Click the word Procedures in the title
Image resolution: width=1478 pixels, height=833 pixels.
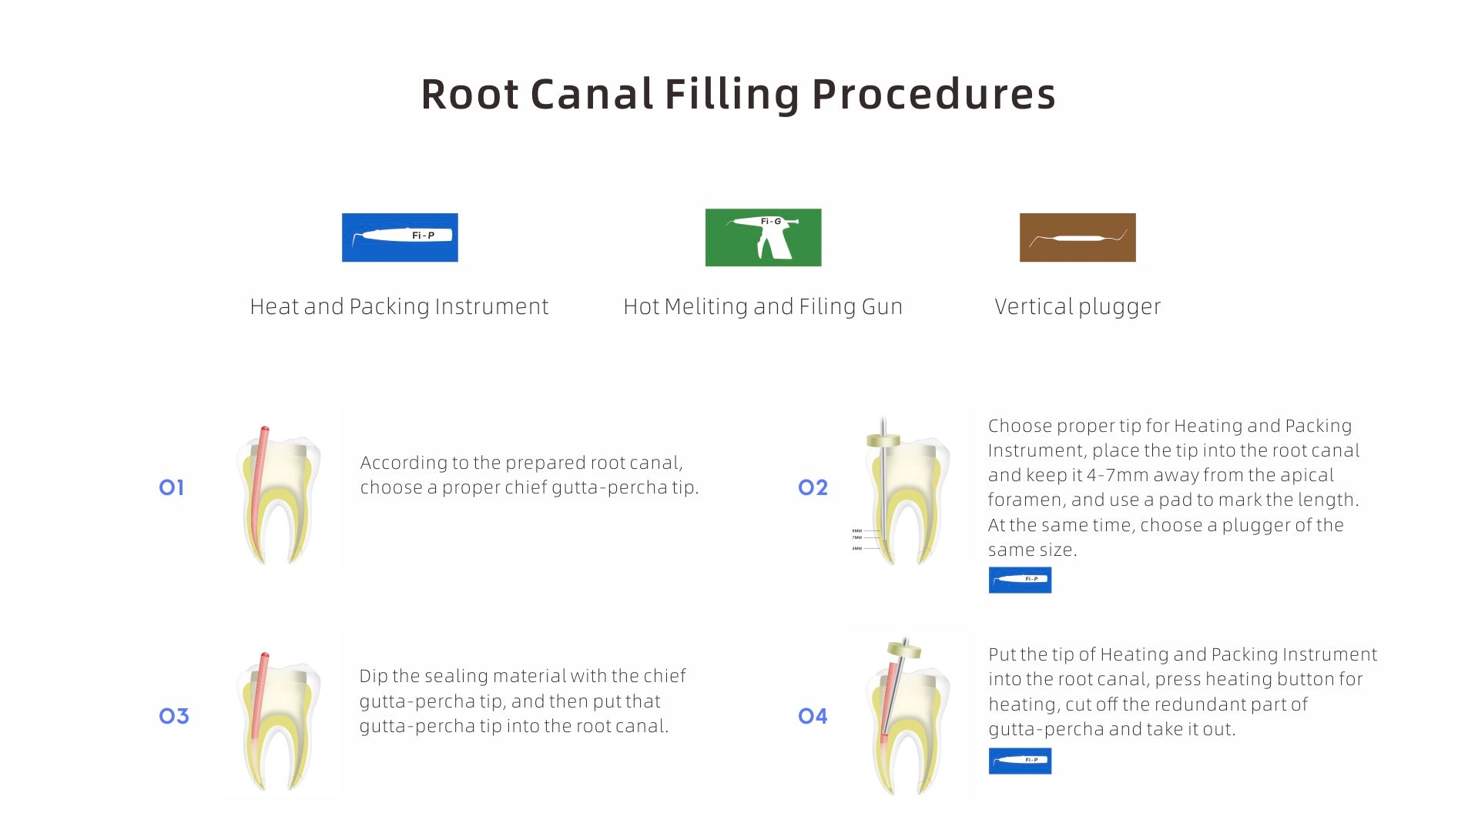point(933,95)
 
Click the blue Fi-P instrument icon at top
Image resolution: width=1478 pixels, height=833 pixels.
point(400,237)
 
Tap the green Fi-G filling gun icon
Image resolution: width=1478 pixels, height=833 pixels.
point(762,237)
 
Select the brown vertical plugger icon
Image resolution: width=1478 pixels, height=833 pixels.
point(1077,237)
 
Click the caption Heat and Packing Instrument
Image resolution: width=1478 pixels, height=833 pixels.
point(399,306)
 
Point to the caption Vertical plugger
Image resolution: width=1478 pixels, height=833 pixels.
point(1077,306)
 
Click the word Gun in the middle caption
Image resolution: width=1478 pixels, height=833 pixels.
point(882,306)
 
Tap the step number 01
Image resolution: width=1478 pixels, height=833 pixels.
point(171,487)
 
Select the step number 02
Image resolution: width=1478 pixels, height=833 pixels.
point(813,487)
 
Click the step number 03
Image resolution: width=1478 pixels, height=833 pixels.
point(173,716)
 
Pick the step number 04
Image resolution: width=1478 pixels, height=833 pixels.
point(813,716)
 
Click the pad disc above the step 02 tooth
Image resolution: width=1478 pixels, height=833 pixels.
point(883,440)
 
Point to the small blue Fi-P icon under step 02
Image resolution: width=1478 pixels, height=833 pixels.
point(1020,580)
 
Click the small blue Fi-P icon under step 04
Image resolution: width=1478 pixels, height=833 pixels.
point(1020,761)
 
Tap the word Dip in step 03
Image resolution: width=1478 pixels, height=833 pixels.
point(374,676)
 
